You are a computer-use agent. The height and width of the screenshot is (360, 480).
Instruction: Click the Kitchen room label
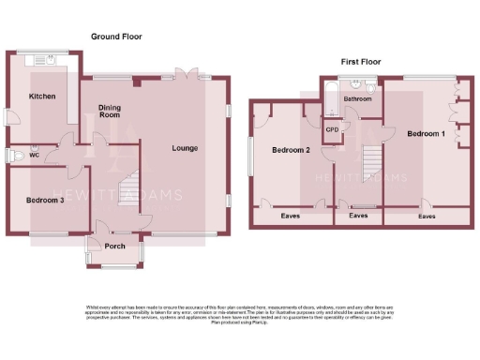42,97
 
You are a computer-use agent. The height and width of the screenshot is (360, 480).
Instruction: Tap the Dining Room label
111,111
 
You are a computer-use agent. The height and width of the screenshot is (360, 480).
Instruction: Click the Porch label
114,247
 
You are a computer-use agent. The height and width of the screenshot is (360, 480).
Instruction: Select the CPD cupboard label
332,129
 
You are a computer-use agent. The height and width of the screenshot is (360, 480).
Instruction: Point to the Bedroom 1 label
426,134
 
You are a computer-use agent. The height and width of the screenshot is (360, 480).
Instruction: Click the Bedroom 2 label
291,150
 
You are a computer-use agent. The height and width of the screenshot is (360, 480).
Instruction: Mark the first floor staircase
371,164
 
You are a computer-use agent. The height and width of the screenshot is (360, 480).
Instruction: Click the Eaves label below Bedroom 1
427,216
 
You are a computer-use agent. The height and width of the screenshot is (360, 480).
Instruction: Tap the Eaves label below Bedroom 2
291,216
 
